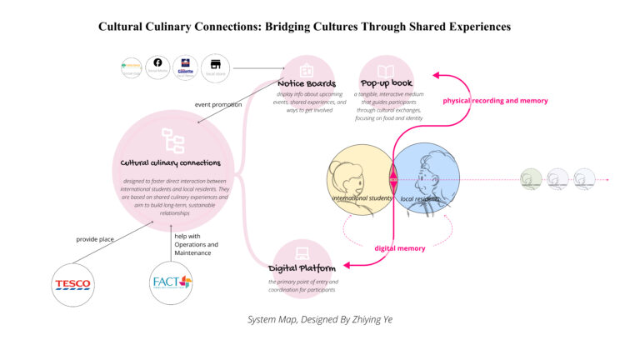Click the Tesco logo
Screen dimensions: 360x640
pos(72,283)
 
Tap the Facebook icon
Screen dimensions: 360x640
pos(157,63)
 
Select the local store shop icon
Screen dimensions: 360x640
pos(215,64)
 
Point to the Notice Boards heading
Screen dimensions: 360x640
pos(307,84)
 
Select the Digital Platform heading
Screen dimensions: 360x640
pos(302,268)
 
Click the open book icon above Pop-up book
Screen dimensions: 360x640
pos(387,71)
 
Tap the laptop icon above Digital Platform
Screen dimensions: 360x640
pos(302,252)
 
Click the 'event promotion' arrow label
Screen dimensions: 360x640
pos(218,105)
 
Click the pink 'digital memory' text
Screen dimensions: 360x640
pos(400,248)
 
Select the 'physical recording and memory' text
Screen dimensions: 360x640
pos(495,101)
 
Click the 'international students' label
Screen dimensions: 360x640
pos(362,199)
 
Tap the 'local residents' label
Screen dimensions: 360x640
pos(420,199)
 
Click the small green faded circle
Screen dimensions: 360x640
pos(531,178)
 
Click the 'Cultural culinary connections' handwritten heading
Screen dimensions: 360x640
pos(171,162)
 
